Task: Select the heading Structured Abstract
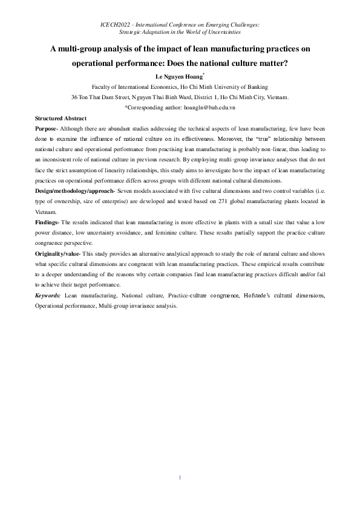61,118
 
